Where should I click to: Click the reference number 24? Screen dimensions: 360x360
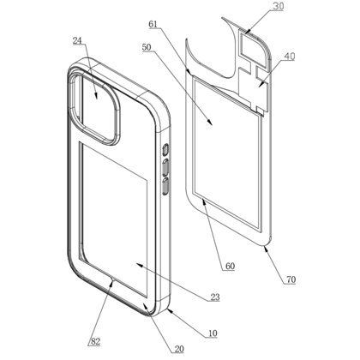click(x=77, y=41)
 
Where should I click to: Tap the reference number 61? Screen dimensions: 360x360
click(x=153, y=24)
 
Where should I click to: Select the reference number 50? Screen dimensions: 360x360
click(x=147, y=47)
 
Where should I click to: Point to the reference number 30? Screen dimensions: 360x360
click(x=278, y=6)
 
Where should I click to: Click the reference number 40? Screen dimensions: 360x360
click(x=290, y=57)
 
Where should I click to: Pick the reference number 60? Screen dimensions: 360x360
click(x=230, y=267)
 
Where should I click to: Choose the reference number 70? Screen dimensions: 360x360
click(x=291, y=279)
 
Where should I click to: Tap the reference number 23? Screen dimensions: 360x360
click(x=215, y=297)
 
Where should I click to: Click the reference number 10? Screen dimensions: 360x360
click(x=213, y=333)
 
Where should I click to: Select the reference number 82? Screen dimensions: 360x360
click(x=95, y=341)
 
